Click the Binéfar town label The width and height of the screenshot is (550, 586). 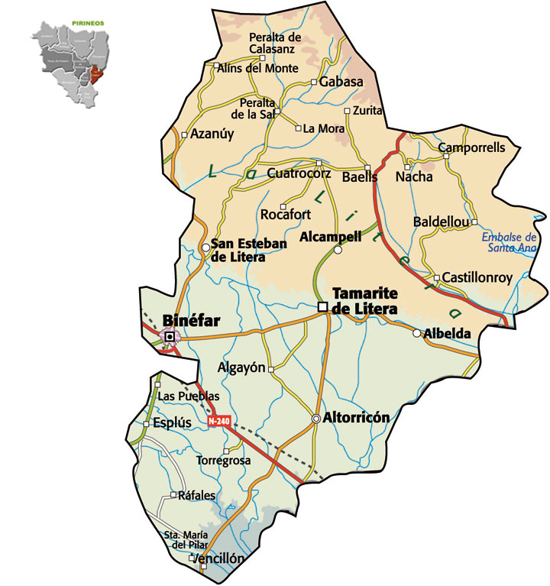(x=192, y=322)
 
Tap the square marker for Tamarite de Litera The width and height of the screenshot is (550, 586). (x=323, y=307)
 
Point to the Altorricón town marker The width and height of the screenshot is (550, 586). (x=316, y=419)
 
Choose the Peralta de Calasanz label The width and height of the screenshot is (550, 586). (x=275, y=44)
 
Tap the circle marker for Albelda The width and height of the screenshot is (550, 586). (x=416, y=333)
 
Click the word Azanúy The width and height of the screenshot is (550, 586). (x=212, y=134)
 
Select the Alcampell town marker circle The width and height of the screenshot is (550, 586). (x=338, y=249)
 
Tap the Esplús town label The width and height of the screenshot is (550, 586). (x=171, y=422)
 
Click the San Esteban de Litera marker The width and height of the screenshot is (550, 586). (x=205, y=248)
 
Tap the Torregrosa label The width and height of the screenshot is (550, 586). (x=223, y=461)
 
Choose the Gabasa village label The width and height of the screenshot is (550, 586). (x=341, y=82)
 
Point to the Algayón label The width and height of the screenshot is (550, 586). (x=241, y=367)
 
